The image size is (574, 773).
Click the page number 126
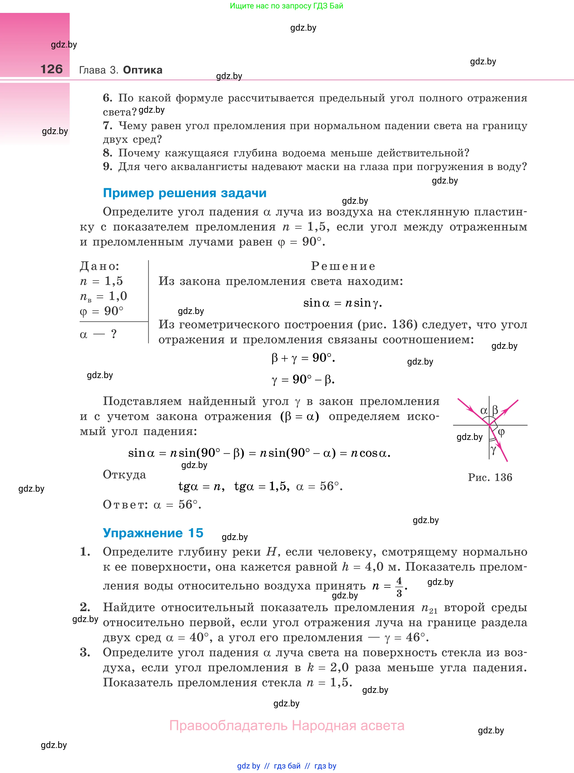[51, 69]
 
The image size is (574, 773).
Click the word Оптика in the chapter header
[142, 70]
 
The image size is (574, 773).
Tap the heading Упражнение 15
[153, 533]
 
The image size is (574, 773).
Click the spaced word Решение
[343, 266]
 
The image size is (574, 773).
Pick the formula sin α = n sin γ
[342, 303]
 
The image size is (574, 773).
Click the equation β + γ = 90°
[303, 358]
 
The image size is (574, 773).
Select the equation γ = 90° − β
[303, 379]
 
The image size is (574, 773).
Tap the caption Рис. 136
[490, 477]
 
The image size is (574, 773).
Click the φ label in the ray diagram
[501, 432]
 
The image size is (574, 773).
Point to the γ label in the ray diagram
[493, 450]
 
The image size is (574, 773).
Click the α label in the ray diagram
[483, 410]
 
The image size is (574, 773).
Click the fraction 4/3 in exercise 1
[399, 587]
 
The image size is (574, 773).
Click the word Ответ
[125, 505]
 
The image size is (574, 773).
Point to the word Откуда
[124, 475]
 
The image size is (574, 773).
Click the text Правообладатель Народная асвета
[287, 726]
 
